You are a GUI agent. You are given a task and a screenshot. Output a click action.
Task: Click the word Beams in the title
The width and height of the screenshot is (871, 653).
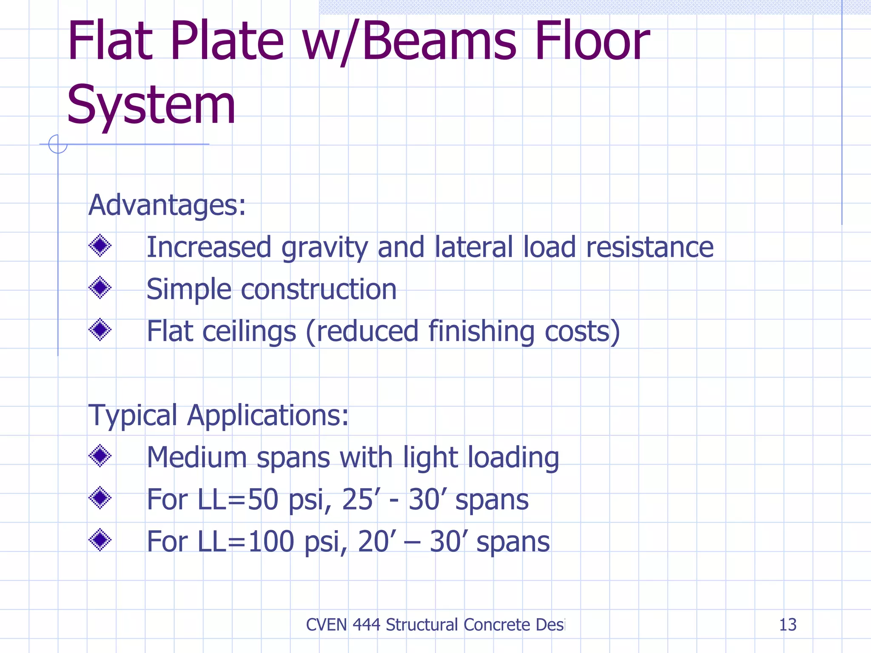point(439,42)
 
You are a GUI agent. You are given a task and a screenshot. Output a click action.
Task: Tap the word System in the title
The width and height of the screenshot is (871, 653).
point(151,105)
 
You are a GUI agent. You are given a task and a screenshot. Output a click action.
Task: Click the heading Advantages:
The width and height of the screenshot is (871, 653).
point(167,205)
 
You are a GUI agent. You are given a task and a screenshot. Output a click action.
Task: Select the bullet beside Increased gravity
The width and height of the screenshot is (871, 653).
point(100,246)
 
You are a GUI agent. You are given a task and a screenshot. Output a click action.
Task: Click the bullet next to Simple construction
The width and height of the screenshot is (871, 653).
point(100,288)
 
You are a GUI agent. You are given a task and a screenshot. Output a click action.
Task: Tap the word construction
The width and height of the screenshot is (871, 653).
point(319,289)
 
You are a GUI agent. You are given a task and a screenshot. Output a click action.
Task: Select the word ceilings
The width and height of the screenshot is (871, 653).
point(249,331)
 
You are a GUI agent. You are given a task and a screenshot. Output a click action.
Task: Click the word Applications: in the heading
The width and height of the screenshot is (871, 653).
point(268,415)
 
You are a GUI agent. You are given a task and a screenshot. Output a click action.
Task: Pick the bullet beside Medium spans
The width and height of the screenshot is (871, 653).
point(100,456)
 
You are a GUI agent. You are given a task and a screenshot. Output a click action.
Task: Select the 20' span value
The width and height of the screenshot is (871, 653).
point(374,541)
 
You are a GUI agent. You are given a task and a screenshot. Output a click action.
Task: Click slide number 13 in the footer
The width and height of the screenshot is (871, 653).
point(787,625)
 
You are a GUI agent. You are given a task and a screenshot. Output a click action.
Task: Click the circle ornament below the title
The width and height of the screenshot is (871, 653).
point(58,144)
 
